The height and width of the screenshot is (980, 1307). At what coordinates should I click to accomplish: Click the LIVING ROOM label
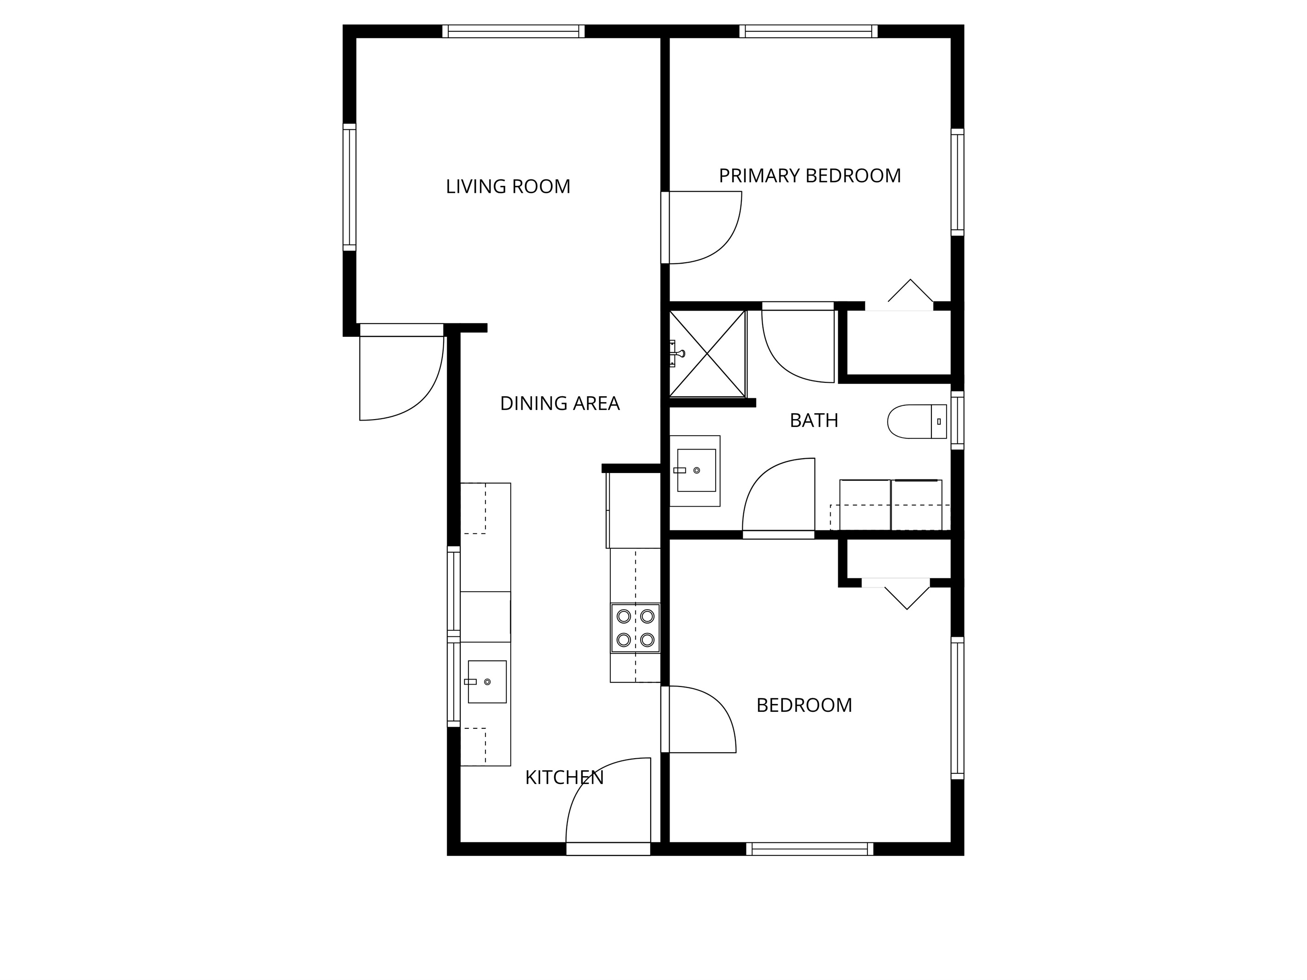508,187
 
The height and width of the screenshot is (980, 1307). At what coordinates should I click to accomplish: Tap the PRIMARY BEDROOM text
810,176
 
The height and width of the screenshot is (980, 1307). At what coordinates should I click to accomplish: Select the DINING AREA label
560,404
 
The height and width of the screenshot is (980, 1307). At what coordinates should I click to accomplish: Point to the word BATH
814,421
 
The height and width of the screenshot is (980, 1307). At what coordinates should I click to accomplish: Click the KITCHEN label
564,778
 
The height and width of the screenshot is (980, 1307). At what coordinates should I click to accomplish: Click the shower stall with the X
707,354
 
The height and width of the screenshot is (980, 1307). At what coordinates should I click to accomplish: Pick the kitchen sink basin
487,682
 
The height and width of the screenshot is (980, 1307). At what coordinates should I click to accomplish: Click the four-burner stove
635,628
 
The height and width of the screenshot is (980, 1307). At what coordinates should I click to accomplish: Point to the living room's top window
514,31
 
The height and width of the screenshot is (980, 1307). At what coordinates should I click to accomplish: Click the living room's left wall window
350,187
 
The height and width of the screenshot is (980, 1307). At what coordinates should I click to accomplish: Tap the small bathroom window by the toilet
957,420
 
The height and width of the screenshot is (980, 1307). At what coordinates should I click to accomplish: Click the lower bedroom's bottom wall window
810,849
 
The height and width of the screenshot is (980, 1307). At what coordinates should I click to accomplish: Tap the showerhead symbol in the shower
677,354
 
